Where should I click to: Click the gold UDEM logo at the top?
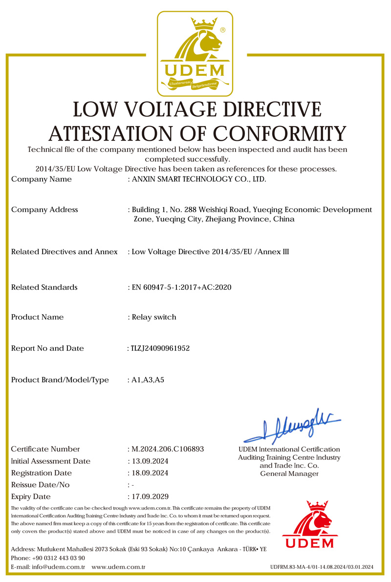[195, 53]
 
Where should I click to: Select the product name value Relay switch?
[154, 317]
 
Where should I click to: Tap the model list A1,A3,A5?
[148, 380]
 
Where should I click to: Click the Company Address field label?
[44, 210]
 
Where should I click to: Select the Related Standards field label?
[44, 287]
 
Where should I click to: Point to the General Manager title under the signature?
[289, 474]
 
